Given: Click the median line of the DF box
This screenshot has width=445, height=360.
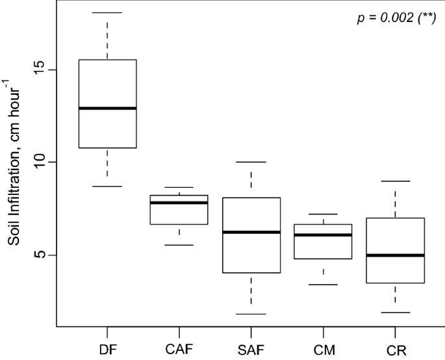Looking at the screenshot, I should [107, 108].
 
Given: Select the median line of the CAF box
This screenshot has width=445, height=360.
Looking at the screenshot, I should [179, 202].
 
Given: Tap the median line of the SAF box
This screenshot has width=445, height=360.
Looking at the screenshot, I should [251, 232].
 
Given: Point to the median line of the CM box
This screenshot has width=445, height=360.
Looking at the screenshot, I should [324, 235].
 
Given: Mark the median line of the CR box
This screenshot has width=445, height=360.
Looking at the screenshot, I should [396, 255].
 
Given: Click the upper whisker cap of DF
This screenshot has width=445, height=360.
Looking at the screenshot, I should [107, 12].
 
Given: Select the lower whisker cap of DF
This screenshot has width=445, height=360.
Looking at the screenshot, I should [107, 186].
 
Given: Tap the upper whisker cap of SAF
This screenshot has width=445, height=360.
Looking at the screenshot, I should [251, 162].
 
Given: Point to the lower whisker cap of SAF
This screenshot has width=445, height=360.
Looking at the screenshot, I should [251, 314].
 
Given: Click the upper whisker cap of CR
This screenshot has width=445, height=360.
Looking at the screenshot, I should [396, 181].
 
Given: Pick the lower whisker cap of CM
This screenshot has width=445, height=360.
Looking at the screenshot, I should [324, 285].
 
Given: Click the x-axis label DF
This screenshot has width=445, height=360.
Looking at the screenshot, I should [107, 350].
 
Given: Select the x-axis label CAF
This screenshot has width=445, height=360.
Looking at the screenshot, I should [179, 350].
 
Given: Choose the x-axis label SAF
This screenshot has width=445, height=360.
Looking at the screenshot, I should [251, 350].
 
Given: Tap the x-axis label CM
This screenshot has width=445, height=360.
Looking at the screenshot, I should [324, 350].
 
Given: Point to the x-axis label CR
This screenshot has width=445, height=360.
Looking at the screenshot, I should [396, 350].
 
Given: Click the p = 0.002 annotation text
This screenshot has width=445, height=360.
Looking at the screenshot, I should [396, 18].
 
